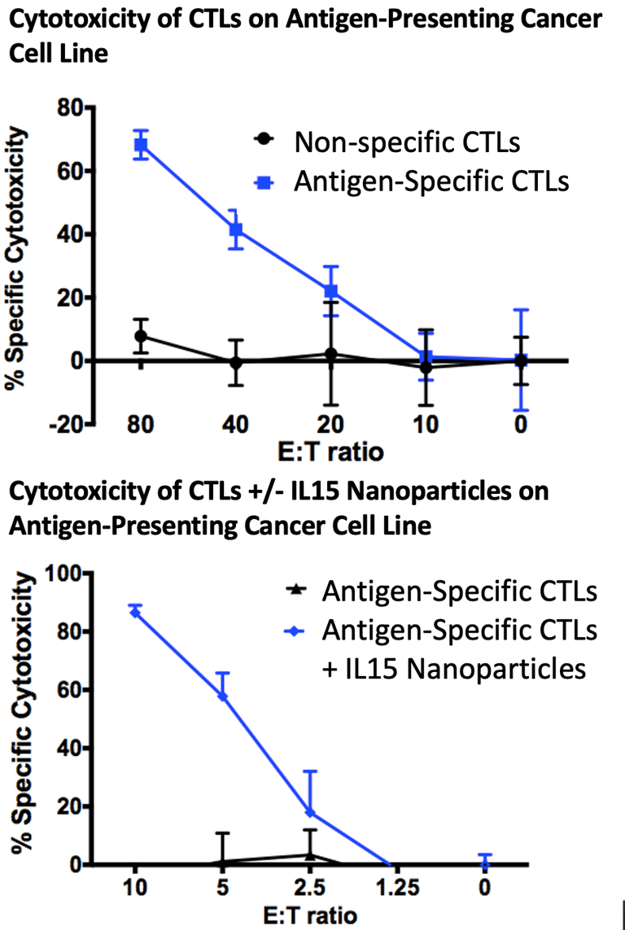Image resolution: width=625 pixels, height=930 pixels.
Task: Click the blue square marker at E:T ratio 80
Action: [142, 146]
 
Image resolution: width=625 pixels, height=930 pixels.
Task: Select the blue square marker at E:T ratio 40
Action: [236, 229]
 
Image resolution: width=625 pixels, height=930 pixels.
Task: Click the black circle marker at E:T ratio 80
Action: [142, 335]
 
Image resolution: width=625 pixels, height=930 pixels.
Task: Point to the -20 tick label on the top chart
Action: [71, 424]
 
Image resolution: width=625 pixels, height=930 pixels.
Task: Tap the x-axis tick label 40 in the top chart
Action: [236, 424]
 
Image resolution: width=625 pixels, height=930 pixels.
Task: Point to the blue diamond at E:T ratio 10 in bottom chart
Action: [135, 612]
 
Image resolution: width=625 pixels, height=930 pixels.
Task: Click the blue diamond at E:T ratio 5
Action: [222, 696]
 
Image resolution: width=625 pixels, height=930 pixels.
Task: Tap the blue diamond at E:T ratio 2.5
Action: [310, 813]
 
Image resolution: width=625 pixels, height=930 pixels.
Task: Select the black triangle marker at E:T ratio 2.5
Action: [310, 855]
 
